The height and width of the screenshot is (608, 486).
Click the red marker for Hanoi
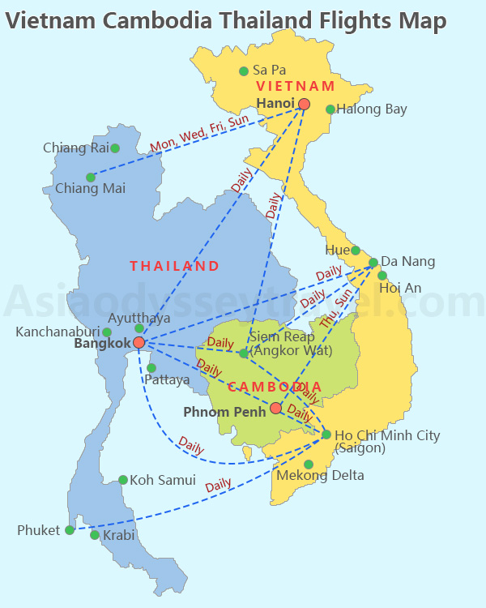click(304, 104)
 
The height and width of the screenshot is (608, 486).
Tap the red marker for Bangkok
click(139, 343)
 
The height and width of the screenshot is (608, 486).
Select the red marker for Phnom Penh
click(276, 408)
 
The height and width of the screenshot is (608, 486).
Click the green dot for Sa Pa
click(244, 71)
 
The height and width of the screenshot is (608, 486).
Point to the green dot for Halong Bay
click(330, 109)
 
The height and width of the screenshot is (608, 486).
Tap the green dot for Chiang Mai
click(91, 178)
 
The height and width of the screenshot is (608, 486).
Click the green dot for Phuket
click(70, 530)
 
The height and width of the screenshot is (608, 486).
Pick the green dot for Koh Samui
click(123, 480)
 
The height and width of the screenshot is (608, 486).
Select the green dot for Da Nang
click(373, 263)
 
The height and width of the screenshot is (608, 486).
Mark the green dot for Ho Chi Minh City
click(326, 435)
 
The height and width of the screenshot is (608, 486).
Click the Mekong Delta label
click(320, 475)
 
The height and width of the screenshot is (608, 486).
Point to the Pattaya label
click(167, 379)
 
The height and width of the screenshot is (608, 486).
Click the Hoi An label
click(400, 287)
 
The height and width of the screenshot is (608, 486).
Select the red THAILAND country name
click(174, 266)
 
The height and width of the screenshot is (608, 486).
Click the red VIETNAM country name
click(295, 86)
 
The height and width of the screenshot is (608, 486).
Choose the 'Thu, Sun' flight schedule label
click(337, 309)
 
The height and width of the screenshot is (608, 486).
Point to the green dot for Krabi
click(95, 535)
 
